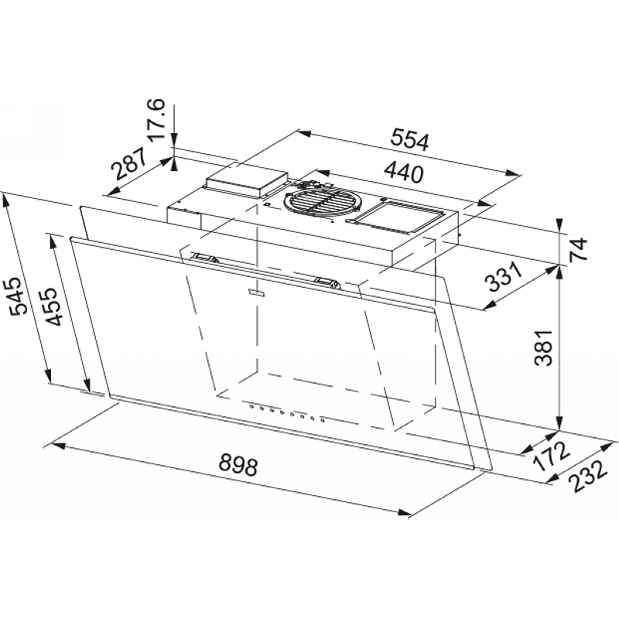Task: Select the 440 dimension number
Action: click(x=403, y=173)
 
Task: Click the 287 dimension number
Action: click(x=128, y=164)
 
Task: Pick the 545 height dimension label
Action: click(x=18, y=297)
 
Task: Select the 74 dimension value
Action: click(x=580, y=248)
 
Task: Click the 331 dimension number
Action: click(x=503, y=277)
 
